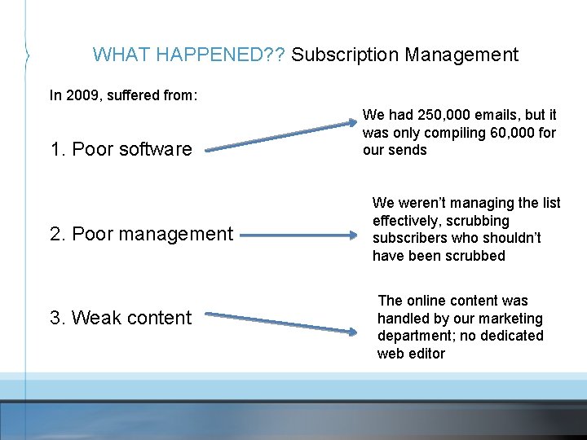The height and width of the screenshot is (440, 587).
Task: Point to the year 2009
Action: [x=81, y=95]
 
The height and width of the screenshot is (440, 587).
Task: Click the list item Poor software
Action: [x=121, y=149]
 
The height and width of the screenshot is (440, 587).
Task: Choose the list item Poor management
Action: [x=141, y=234]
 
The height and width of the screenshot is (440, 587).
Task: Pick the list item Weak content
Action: [x=121, y=318]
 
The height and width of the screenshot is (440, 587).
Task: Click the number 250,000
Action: [x=441, y=116]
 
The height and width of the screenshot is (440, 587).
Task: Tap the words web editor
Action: [x=411, y=354]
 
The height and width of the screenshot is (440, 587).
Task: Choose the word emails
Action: [x=495, y=116]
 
